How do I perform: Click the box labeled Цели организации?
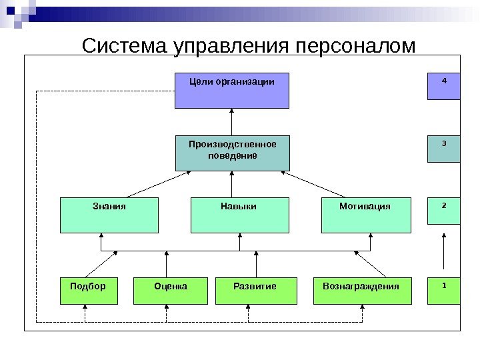[231, 90]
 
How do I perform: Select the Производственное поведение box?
[232, 153]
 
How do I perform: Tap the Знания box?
[109, 215]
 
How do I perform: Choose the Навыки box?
[239, 215]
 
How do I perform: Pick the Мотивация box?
[365, 215]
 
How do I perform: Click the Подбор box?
[88, 291]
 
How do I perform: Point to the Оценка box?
[171, 291]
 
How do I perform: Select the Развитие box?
[255, 291]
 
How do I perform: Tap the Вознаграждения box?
[361, 291]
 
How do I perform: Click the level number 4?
[444, 81]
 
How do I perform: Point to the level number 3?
[444, 143]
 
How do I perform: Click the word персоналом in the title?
[355, 47]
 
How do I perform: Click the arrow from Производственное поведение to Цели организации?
[231, 122]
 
